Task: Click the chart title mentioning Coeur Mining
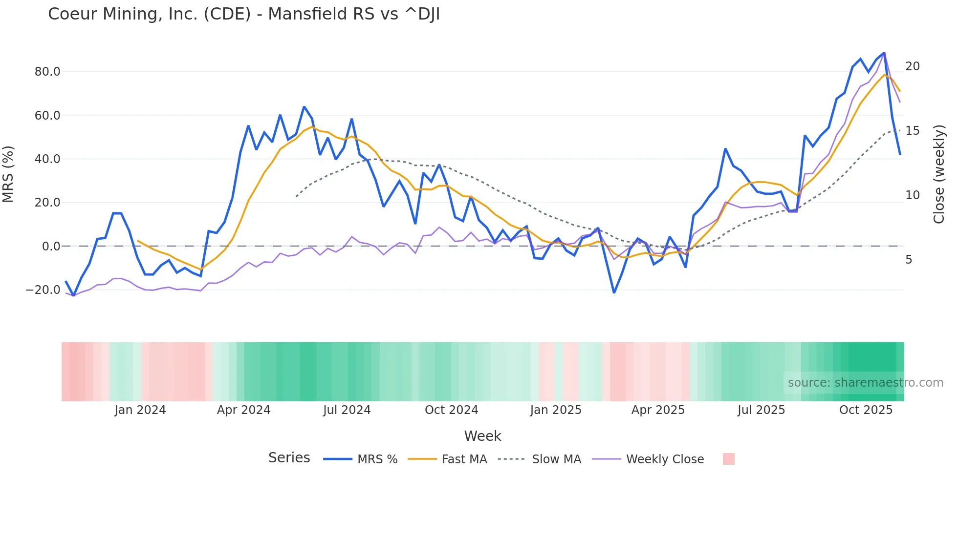tap(244, 14)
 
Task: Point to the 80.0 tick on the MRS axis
tap(47, 72)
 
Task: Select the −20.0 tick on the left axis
tap(43, 290)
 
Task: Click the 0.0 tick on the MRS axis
tap(51, 247)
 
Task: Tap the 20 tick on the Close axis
tap(912, 66)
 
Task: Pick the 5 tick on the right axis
tap(909, 260)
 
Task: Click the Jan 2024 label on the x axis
tap(140, 410)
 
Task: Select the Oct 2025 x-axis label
tap(866, 410)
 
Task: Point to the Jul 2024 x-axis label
tap(347, 410)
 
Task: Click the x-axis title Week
tap(482, 436)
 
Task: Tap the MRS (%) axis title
tap(8, 174)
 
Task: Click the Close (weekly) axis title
tap(939, 174)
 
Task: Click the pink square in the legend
tap(728, 459)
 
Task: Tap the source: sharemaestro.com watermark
tap(865, 383)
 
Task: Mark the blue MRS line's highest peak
tap(884, 53)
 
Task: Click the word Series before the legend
tap(289, 458)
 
